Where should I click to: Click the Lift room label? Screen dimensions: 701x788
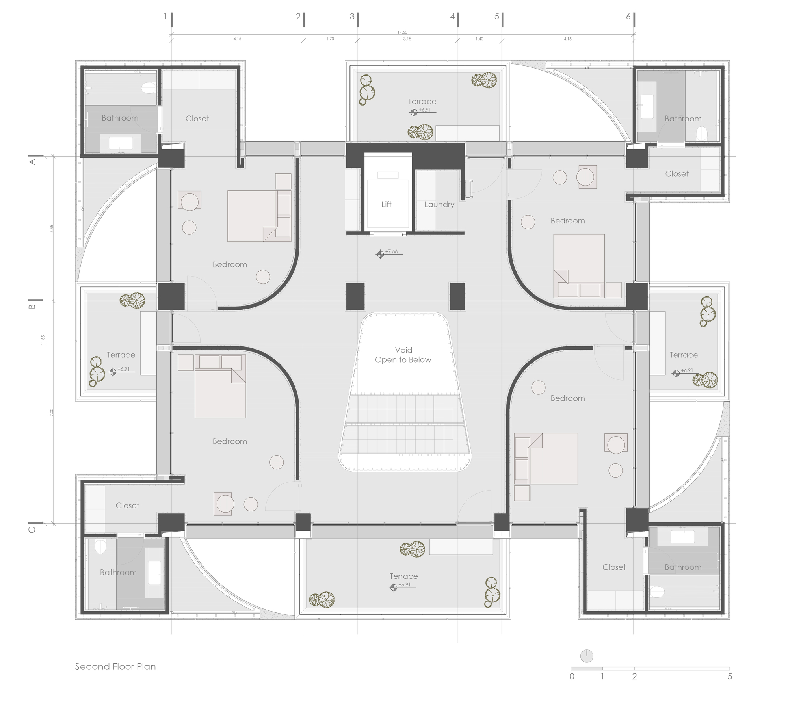(x=386, y=204)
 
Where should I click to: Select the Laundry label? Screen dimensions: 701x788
(x=439, y=205)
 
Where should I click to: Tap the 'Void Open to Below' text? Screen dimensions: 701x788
(x=403, y=355)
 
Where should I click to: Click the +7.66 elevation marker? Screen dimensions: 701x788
(x=380, y=254)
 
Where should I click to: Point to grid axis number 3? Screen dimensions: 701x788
(x=352, y=17)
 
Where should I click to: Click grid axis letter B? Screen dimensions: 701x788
(x=33, y=305)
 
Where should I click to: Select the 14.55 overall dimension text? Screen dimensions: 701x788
(x=402, y=33)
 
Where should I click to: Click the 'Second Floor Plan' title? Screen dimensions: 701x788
(x=115, y=667)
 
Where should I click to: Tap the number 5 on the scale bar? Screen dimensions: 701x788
(x=730, y=677)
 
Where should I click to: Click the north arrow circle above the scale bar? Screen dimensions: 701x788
(x=587, y=656)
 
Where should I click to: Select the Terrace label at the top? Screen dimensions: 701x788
(x=422, y=102)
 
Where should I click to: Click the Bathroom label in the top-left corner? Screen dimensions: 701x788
(x=120, y=118)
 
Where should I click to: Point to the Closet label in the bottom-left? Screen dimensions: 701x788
(x=127, y=505)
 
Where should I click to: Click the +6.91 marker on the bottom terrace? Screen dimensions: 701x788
(x=394, y=588)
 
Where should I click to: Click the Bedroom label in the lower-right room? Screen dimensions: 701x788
(x=567, y=398)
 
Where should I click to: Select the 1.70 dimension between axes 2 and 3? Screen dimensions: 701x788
(x=330, y=39)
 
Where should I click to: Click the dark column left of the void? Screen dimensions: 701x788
(x=355, y=296)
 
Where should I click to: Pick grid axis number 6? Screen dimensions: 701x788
(x=628, y=17)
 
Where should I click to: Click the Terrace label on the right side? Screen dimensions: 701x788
(x=684, y=355)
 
